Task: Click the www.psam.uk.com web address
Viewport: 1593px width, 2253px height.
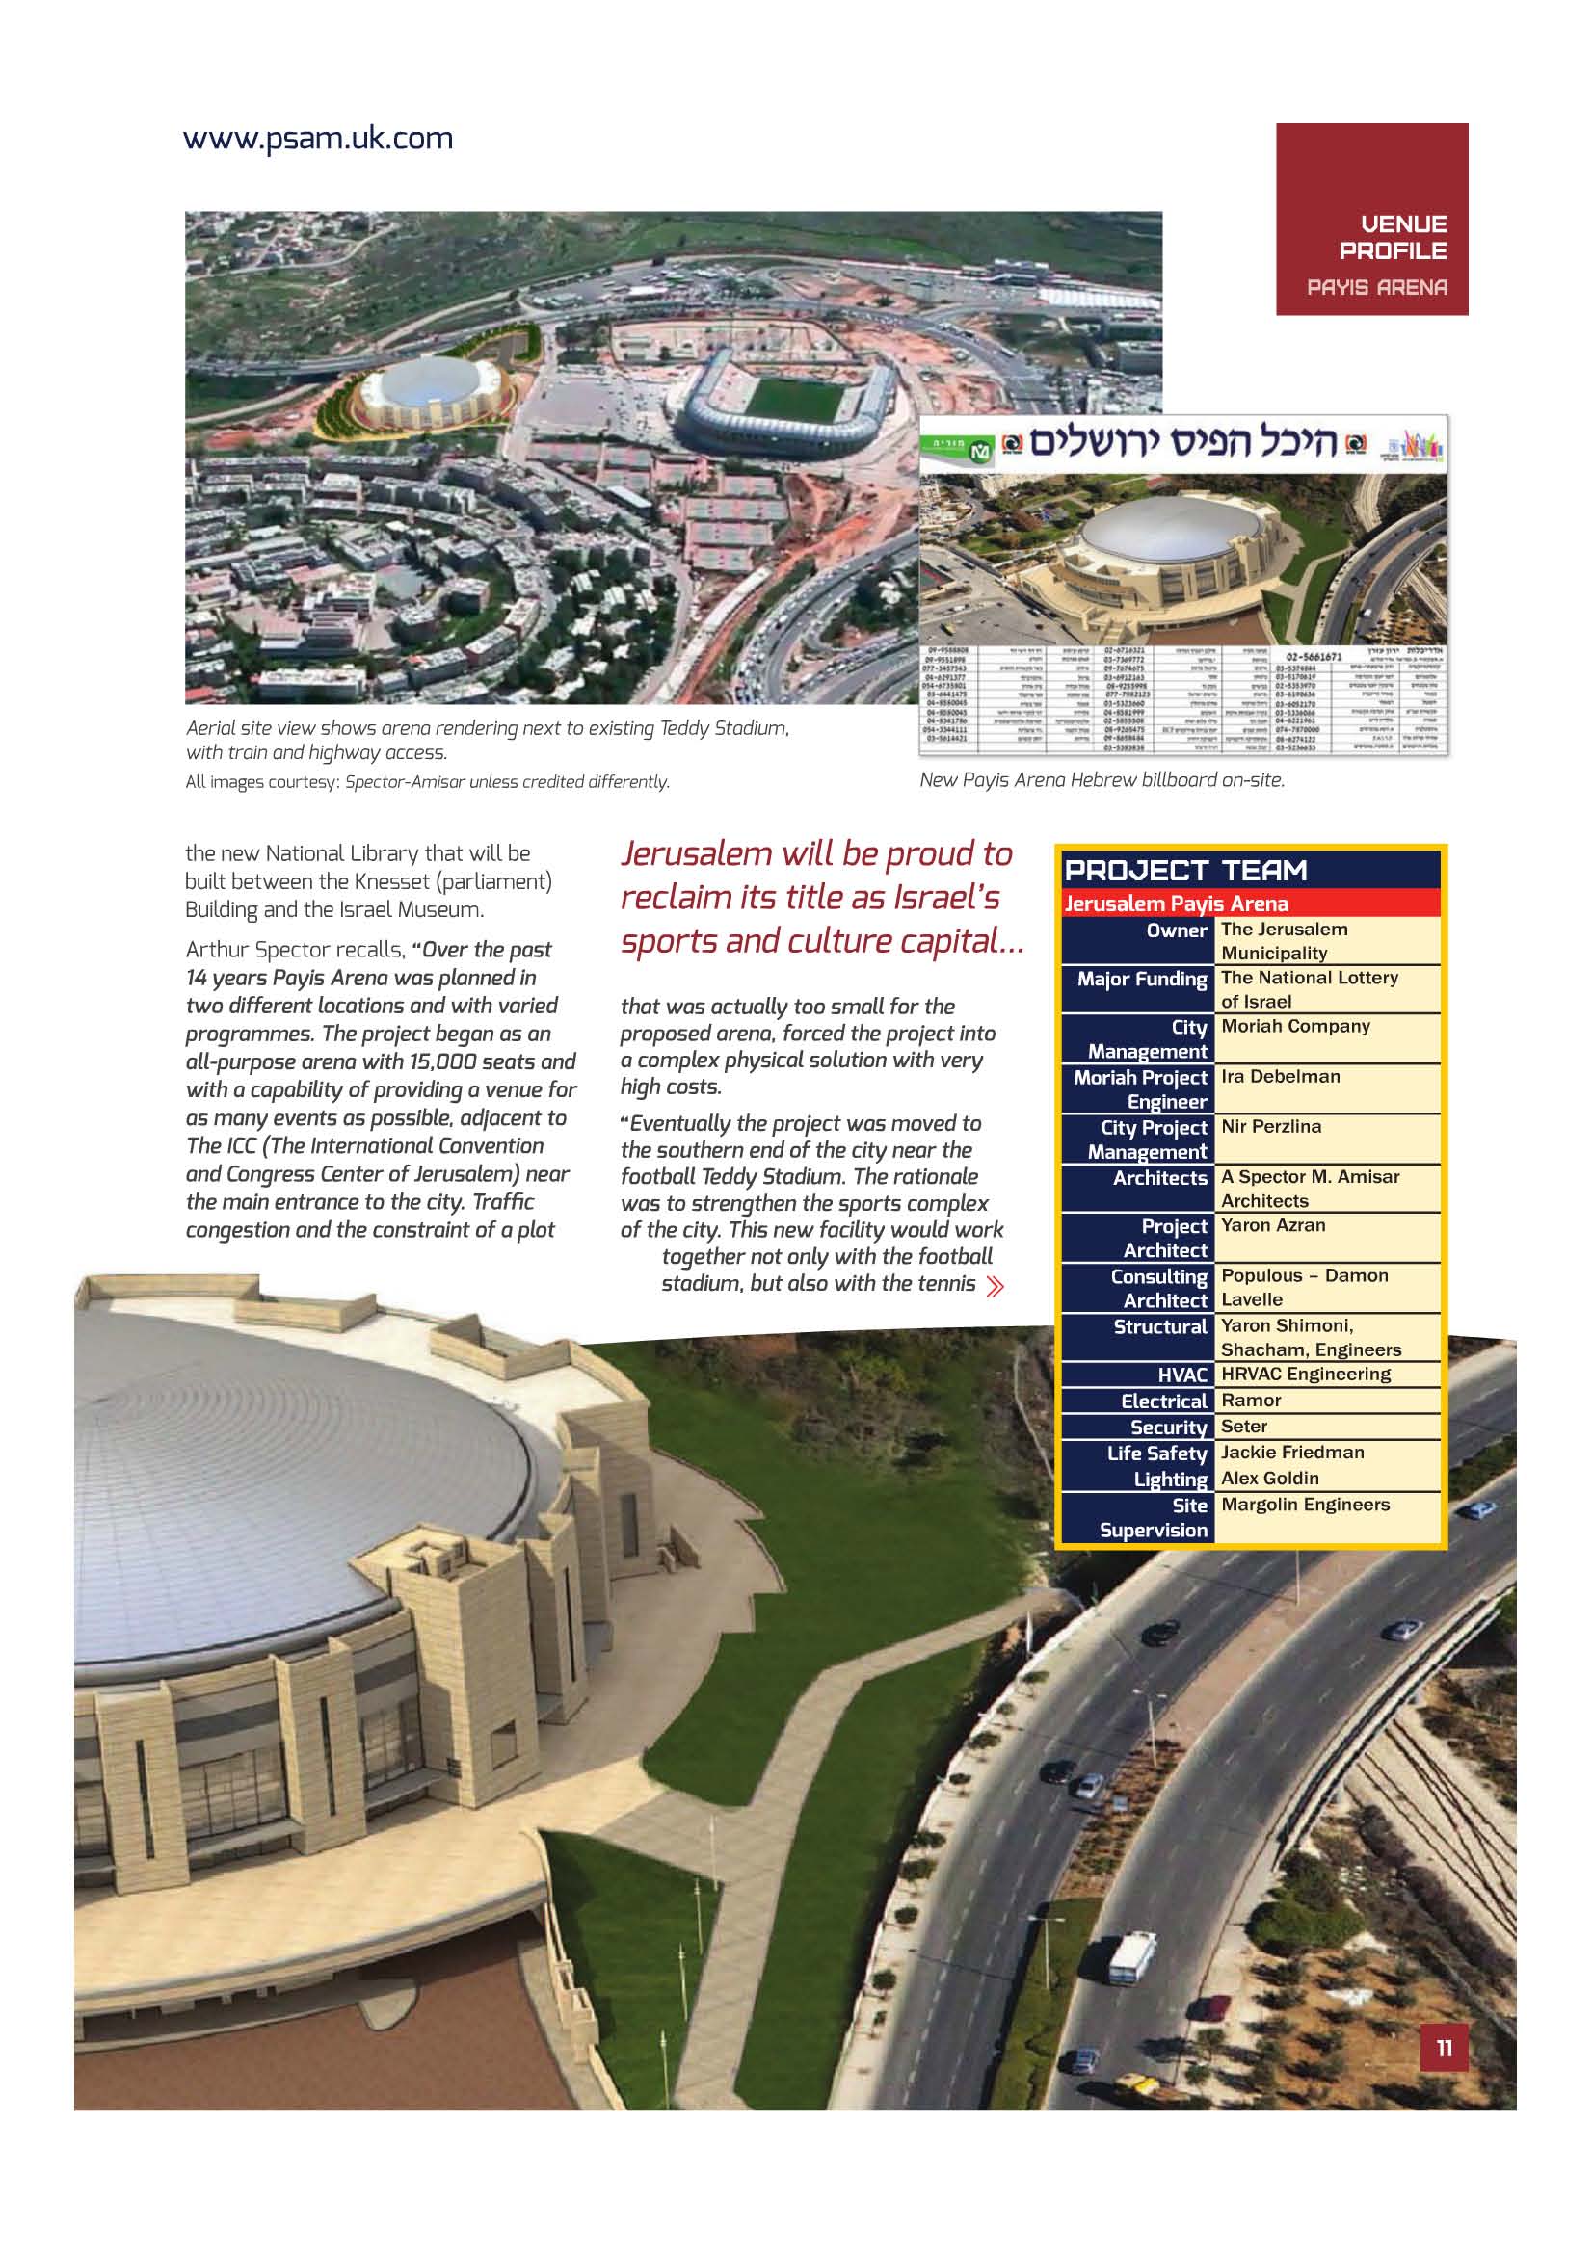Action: (x=318, y=140)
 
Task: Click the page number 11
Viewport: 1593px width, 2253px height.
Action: (x=1443, y=2047)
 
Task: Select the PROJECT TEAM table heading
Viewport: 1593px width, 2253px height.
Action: (x=1185, y=871)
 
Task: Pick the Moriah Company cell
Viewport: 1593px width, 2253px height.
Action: (x=1294, y=1027)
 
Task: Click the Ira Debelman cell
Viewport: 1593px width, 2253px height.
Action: (x=1280, y=1077)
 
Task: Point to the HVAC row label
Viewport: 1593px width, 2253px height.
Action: (x=1181, y=1375)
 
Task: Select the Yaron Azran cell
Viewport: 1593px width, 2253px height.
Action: (x=1273, y=1225)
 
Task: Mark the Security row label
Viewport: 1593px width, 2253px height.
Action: (x=1168, y=1428)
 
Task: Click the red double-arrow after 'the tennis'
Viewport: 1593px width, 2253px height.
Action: (x=996, y=1286)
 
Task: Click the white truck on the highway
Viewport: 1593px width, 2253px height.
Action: (x=1130, y=1957)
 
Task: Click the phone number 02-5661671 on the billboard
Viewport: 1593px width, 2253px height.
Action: (x=1314, y=656)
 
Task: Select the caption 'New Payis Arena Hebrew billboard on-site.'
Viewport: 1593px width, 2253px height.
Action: (x=1102, y=780)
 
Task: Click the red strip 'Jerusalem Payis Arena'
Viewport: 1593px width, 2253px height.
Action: (x=1176, y=903)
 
